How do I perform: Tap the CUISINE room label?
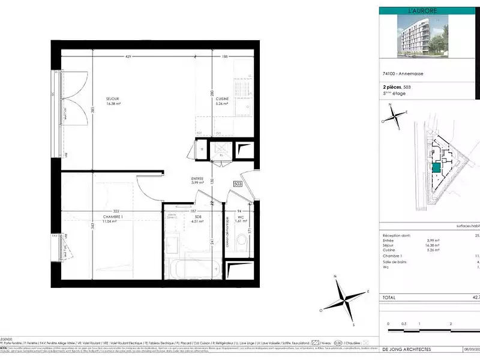(223, 98)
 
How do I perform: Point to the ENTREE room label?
(197, 178)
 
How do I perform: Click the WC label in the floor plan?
(239, 217)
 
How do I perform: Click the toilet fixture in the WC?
(242, 243)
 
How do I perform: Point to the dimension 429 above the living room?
(128, 57)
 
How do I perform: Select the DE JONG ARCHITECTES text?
(406, 349)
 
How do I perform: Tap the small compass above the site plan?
(395, 116)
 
